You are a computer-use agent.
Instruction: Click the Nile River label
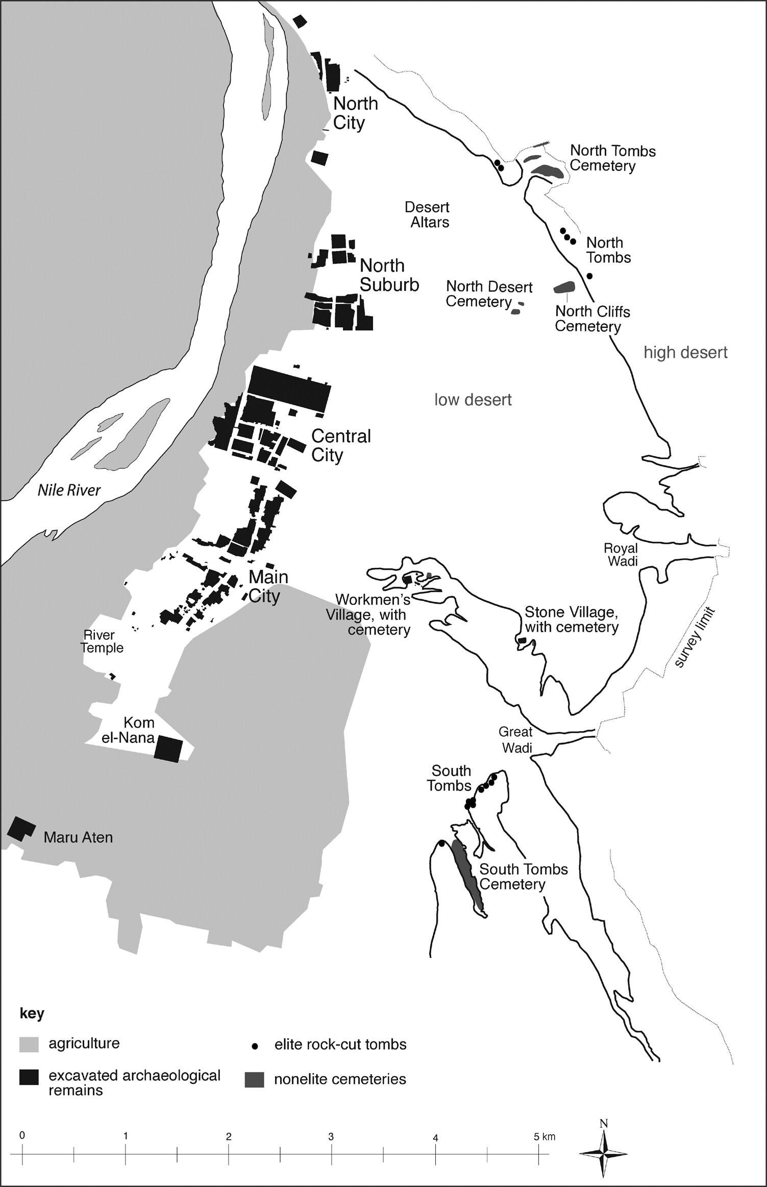(69, 490)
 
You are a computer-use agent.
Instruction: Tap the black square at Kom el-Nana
(168, 749)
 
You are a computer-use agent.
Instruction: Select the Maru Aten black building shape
(21, 829)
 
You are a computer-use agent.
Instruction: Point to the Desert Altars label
(427, 215)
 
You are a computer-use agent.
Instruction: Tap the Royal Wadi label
(621, 554)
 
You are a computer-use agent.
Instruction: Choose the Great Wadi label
(515, 740)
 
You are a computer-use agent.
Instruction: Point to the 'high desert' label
(685, 352)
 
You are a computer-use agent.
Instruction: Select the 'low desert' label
(473, 399)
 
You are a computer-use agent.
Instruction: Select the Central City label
(340, 445)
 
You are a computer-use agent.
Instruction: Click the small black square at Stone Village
(522, 640)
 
